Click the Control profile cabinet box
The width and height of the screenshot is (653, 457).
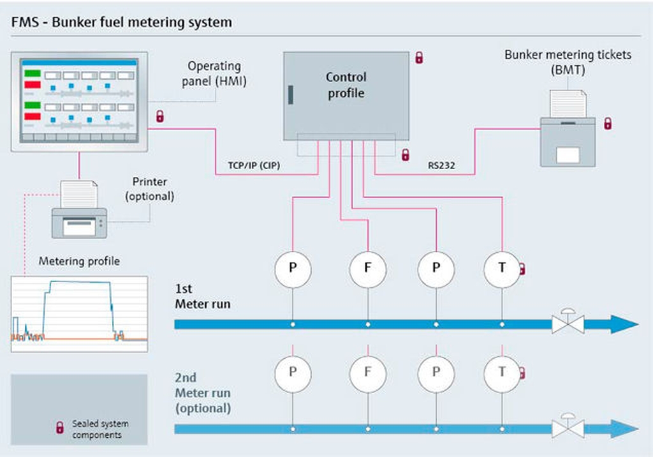[346, 96]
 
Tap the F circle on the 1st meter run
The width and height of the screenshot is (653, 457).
[368, 269]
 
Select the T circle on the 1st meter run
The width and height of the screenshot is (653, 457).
[502, 269]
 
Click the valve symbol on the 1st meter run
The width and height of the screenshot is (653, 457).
[568, 322]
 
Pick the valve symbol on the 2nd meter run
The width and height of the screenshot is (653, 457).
[568, 426]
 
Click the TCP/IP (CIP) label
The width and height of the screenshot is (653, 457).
[254, 165]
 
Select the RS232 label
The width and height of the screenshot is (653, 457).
[441, 165]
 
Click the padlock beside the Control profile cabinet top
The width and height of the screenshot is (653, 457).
[419, 57]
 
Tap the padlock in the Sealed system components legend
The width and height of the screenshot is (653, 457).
[60, 428]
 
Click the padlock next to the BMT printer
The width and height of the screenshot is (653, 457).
[608, 123]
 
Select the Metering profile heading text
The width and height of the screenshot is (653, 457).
[79, 261]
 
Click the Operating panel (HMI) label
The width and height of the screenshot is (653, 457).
[214, 73]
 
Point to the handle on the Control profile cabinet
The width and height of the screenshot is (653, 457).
[291, 94]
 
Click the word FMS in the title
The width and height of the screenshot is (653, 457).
[25, 22]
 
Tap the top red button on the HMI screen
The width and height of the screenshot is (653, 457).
[33, 85]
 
